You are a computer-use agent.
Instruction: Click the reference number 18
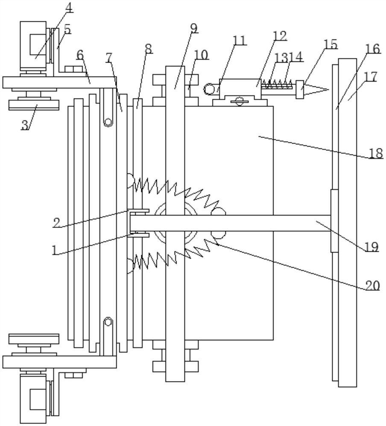coord(376,153)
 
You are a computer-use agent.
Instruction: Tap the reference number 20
coord(372,286)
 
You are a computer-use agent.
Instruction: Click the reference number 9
coord(193,29)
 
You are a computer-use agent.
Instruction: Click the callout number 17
coord(371,77)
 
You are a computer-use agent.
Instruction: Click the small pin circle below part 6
coord(108,123)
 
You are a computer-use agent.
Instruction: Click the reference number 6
coord(80,55)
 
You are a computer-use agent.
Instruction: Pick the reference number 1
coord(54,250)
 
